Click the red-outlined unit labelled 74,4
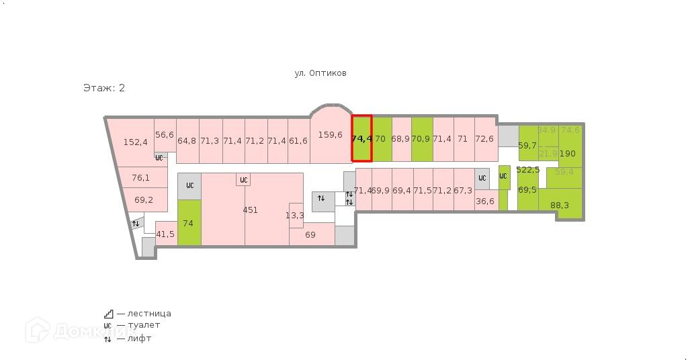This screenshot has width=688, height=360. point(361,139)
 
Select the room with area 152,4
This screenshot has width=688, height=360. point(135,142)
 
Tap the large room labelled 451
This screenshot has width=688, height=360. point(250,210)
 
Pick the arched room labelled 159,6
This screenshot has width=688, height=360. point(330,135)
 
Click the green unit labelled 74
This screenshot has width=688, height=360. point(189,223)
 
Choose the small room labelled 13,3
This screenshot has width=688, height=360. point(295,215)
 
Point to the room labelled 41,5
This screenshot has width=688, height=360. point(165,234)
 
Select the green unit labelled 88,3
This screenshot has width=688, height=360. point(559,205)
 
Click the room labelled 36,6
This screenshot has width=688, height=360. point(484,201)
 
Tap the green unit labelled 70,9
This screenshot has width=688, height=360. point(421,139)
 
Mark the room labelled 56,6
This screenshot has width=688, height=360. point(165,135)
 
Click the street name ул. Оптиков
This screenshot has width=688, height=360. point(320,73)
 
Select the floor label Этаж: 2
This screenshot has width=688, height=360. point(104,88)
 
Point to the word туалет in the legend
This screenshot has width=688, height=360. point(144,326)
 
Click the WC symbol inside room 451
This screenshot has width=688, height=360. point(243,180)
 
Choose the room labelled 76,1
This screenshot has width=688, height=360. point(140,178)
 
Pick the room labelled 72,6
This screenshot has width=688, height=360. point(484,139)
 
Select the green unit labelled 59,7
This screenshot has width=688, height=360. point(527,145)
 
